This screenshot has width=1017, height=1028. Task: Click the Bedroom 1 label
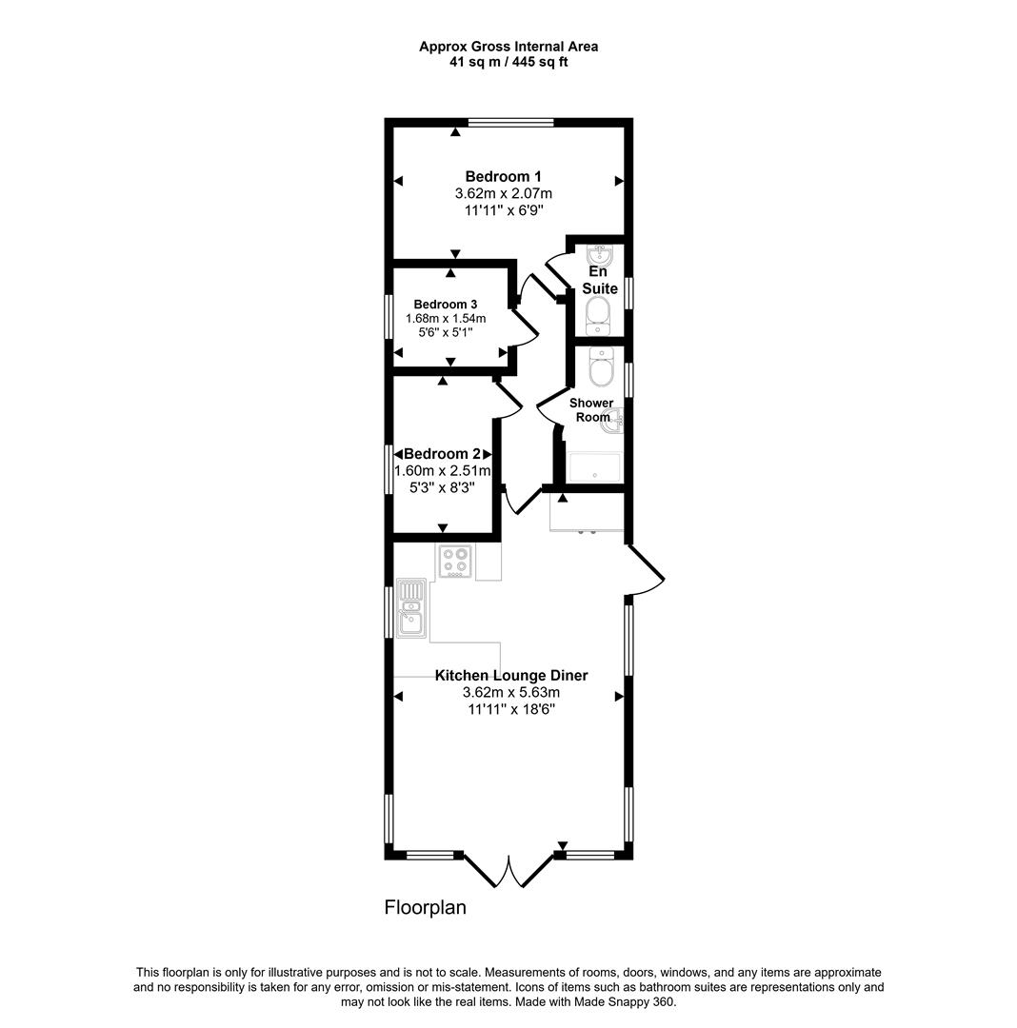click(503, 176)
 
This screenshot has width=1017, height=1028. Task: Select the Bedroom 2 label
click(442, 454)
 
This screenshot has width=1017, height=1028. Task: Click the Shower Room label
click(591, 409)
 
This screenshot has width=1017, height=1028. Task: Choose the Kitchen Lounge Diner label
click(511, 676)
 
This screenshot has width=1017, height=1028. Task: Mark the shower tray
click(594, 467)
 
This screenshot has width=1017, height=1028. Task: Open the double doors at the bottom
click(510, 870)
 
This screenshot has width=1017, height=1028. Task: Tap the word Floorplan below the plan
click(426, 907)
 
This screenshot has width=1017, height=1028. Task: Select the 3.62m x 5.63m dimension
click(511, 693)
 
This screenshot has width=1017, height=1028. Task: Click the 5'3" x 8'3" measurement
click(443, 486)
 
